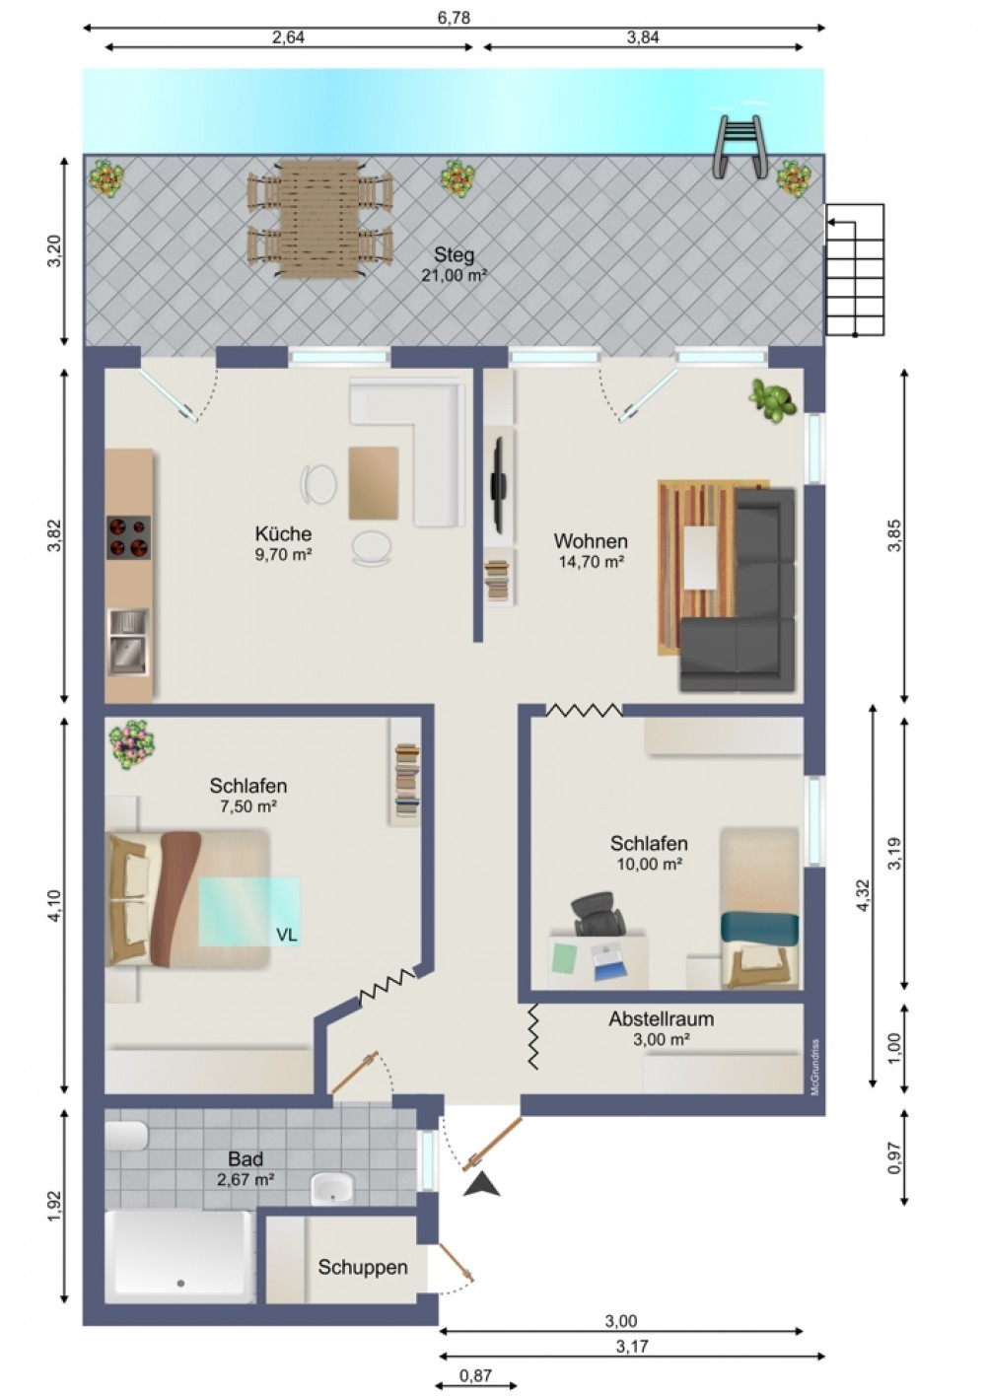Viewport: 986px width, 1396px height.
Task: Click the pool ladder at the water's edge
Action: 740,147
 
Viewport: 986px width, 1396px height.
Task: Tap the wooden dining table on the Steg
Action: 319,219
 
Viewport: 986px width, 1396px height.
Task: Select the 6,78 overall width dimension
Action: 454,18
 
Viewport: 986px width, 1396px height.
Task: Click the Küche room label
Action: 283,533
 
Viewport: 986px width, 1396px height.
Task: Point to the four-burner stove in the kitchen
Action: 128,537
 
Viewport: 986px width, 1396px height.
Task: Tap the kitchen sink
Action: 128,643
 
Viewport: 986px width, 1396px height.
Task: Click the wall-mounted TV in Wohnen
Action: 499,485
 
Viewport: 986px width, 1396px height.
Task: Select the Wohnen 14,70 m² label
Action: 591,551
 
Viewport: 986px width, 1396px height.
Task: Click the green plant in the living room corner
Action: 773,400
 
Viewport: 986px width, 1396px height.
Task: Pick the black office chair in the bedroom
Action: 598,913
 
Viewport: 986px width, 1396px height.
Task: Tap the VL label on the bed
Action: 287,935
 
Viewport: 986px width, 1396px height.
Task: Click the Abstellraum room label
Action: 662,1019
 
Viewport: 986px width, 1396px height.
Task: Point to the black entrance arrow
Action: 482,1183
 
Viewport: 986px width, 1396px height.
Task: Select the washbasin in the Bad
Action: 331,1188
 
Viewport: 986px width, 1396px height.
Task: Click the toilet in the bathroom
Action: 126,1136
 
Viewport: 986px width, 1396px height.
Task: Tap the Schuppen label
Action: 363,1267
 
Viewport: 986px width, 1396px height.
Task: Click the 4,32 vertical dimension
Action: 863,895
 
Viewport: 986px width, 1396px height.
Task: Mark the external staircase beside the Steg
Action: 855,270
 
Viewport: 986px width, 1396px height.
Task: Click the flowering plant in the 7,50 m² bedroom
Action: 131,743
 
